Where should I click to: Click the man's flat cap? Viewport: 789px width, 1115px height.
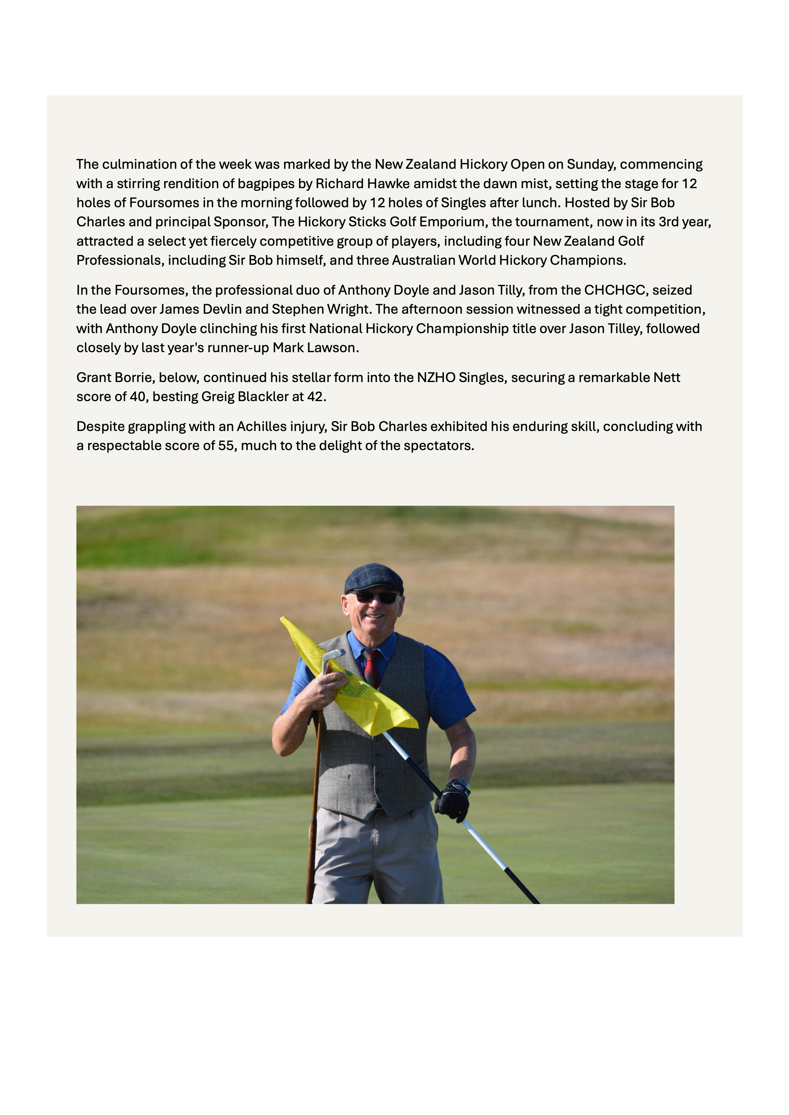pyautogui.click(x=374, y=578)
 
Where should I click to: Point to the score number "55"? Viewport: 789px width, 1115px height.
pyautogui.click(x=226, y=446)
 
